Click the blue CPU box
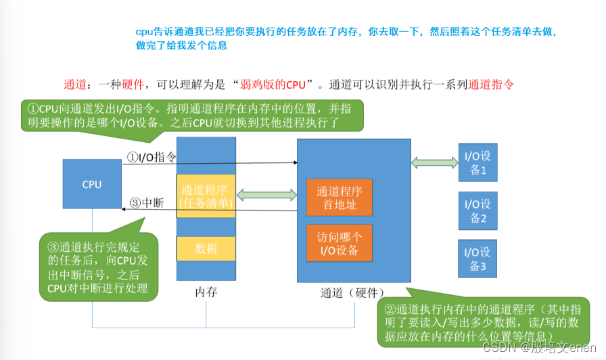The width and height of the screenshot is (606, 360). coord(92,184)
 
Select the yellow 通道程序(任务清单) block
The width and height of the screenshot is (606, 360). coord(206,196)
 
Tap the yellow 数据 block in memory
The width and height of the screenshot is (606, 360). coord(206,248)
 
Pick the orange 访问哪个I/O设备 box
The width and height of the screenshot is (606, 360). coord(340,243)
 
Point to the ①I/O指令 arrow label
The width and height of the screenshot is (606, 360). coord(152,157)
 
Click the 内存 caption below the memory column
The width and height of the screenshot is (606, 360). coord(206,293)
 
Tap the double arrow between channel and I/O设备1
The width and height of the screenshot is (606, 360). coord(434,163)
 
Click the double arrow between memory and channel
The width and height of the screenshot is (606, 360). coord(266,196)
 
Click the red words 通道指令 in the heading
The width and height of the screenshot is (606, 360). coord(491,85)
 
